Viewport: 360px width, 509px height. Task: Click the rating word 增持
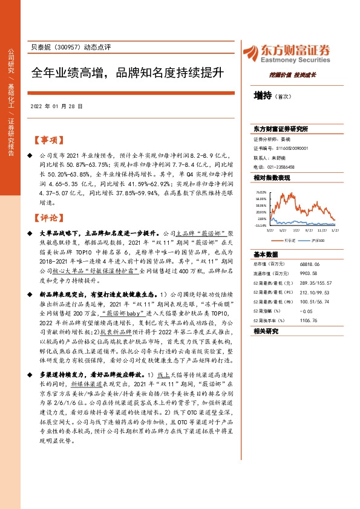pyautogui.click(x=263, y=95)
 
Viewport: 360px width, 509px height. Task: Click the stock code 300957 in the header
pyautogui.click(x=70, y=47)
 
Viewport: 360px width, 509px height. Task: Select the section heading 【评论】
pyautogui.click(x=47, y=218)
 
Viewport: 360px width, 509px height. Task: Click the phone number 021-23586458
pyautogui.click(x=279, y=166)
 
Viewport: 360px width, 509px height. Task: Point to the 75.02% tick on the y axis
pyautogui.click(x=261, y=191)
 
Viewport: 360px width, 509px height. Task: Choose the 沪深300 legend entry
pyautogui.click(x=318, y=240)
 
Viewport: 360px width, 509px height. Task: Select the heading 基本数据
pyautogui.click(x=266, y=254)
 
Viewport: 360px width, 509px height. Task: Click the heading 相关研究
pyautogui.click(x=266, y=331)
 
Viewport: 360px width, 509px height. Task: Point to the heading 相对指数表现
pyautogui.click(x=272, y=178)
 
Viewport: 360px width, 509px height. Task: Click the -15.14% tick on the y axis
pyautogui.click(x=261, y=225)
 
